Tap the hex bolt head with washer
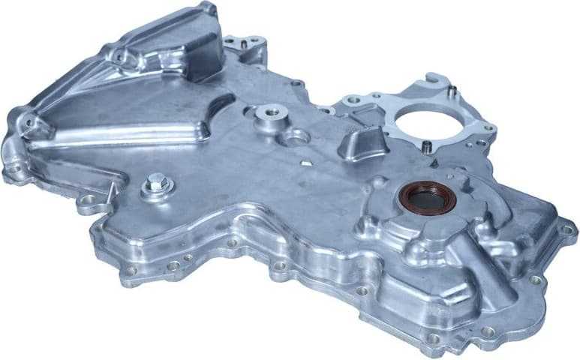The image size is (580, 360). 157,181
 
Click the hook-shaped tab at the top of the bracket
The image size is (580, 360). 434,81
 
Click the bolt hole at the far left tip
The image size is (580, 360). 13,169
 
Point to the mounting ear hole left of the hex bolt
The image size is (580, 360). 89,200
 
